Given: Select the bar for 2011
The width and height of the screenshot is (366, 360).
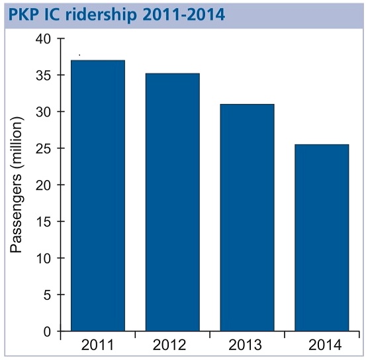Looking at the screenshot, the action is click(98, 195).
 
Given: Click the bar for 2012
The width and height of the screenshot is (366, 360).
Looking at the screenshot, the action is click(173, 202).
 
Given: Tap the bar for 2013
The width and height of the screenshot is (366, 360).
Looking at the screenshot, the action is click(247, 217).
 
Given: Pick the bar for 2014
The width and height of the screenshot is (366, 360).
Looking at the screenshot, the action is click(322, 238).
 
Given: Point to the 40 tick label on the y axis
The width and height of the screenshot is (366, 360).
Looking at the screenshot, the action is click(43, 39).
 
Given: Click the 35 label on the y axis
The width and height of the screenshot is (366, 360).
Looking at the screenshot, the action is click(43, 75).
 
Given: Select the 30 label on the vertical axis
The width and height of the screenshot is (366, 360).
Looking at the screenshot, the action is click(43, 112).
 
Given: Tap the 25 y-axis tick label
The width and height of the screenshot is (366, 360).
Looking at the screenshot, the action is click(43, 149).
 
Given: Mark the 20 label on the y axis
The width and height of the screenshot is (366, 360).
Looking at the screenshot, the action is click(43, 185).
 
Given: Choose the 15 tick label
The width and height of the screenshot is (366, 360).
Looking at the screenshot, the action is click(44, 222).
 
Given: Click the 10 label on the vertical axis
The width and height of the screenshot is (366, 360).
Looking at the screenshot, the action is click(44, 259).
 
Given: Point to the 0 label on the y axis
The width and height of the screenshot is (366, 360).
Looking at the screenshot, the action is click(47, 332).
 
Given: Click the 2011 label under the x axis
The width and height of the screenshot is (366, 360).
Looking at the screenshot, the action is click(97, 345).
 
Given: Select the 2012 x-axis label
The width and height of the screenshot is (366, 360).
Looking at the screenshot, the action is click(169, 345).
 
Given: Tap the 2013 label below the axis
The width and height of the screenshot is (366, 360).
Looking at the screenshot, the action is click(245, 345).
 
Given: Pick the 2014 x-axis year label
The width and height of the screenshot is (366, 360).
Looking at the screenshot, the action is click(325, 345).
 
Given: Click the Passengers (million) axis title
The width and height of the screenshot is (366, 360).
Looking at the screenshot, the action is click(17, 185).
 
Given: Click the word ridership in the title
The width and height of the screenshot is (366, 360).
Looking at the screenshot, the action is click(101, 15).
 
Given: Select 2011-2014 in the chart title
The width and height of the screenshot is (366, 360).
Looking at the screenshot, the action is click(184, 15).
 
